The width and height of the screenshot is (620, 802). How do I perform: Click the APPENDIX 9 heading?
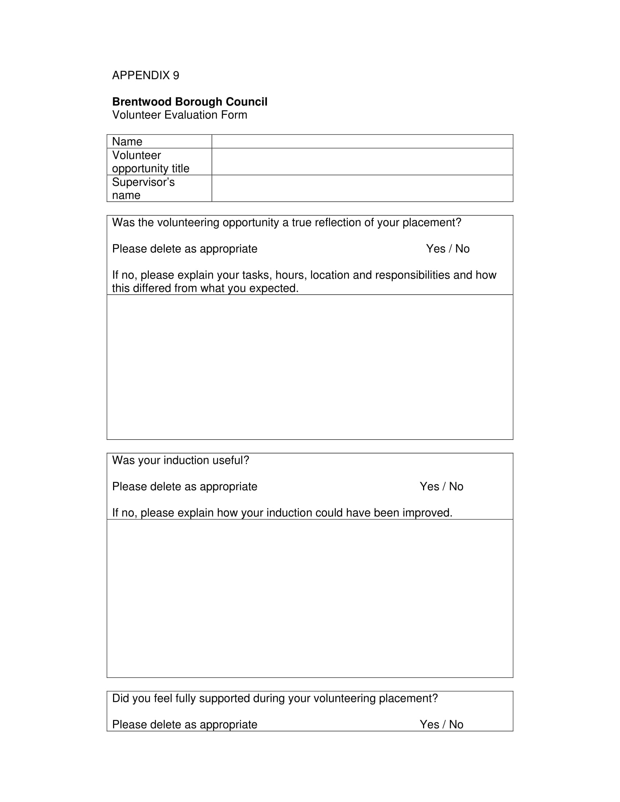(146, 75)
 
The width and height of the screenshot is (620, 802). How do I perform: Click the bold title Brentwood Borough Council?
(190, 102)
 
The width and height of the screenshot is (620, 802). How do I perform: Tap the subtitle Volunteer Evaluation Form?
(179, 115)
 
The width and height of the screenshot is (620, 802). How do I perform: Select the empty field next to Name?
(362, 141)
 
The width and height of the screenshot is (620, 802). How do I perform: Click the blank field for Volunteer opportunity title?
(362, 161)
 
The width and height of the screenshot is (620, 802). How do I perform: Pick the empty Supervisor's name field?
(362, 188)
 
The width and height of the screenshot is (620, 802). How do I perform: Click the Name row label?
(127, 141)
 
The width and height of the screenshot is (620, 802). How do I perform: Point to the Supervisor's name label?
(143, 188)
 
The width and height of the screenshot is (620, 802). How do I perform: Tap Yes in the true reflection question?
(435, 249)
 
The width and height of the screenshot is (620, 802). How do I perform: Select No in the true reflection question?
(462, 249)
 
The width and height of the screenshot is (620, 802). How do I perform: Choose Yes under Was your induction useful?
(429, 487)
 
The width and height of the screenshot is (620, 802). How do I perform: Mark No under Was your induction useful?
(456, 487)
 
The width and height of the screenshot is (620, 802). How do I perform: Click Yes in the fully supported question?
(429, 724)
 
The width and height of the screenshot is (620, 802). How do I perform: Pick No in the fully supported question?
(456, 724)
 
